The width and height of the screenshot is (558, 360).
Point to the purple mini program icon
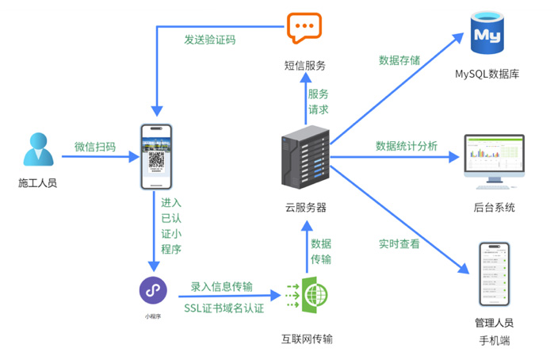tap(153, 290)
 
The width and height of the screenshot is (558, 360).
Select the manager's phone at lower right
tap(493, 274)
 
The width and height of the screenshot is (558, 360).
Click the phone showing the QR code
tap(157, 156)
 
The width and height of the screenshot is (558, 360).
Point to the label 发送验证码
tap(210, 39)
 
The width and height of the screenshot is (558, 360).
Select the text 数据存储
tap(399, 60)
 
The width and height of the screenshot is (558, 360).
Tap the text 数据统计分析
tap(406, 146)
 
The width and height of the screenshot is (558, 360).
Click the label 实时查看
tap(399, 243)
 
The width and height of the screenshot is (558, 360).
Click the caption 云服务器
tap(306, 208)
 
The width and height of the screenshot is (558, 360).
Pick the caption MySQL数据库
tap(487, 75)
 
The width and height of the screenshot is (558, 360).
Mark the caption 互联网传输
tap(307, 339)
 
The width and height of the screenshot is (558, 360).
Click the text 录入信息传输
tap(222, 286)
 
